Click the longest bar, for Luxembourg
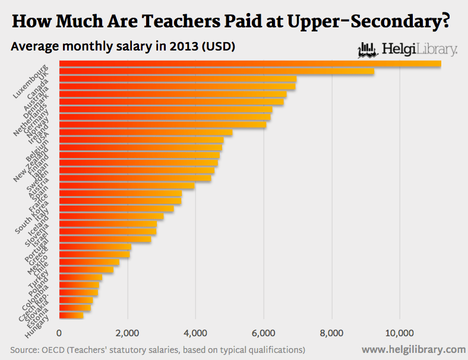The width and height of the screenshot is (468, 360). pos(249,64)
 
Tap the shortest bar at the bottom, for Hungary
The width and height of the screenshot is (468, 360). pos(71,315)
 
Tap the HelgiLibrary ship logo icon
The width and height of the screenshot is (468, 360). pos(368,50)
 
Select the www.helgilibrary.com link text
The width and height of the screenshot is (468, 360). pos(413,349)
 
